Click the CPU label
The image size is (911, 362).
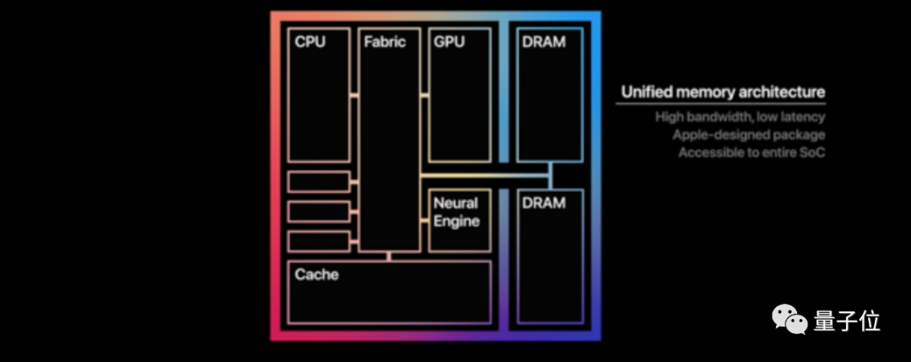tap(310, 42)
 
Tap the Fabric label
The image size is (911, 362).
tap(385, 42)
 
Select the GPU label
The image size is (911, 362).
tap(449, 42)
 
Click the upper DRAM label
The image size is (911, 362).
tap(543, 42)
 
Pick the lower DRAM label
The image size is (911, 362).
tap(543, 203)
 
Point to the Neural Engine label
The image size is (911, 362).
tap(456, 212)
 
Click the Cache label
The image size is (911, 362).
tap(316, 274)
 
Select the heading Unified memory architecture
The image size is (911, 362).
tap(723, 92)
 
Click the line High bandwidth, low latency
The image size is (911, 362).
tap(740, 117)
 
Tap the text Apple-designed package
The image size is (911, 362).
tap(748, 135)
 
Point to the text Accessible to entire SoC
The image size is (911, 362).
tap(751, 153)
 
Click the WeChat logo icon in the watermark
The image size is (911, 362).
tap(791, 320)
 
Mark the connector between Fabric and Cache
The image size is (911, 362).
tap(388, 256)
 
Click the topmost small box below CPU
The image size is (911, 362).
tap(319, 181)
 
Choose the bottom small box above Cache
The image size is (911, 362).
tap(319, 241)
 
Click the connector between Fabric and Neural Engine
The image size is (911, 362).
tap(424, 219)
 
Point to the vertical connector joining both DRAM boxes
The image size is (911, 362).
tap(551, 176)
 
